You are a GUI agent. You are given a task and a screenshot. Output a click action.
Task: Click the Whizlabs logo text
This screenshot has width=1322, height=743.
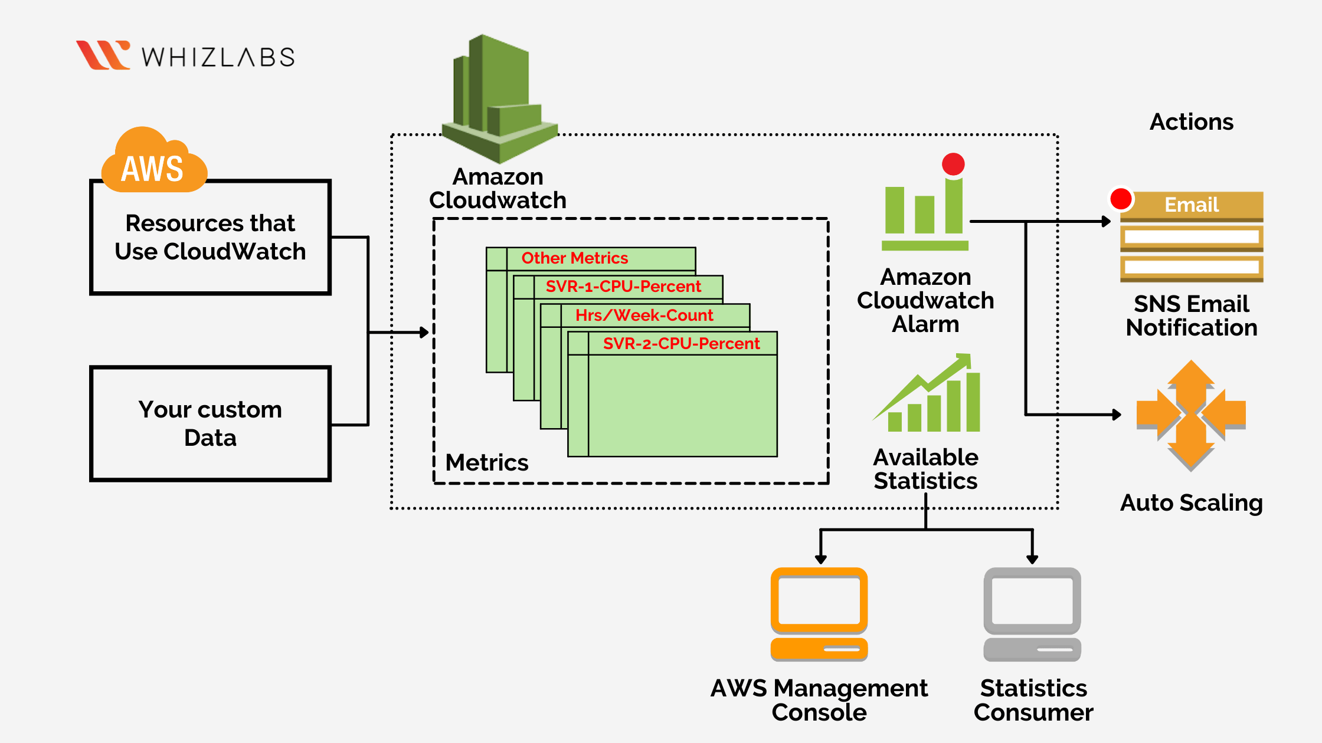coord(218,57)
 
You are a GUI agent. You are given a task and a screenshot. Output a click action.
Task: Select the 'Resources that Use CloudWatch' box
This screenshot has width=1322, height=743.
coord(210,237)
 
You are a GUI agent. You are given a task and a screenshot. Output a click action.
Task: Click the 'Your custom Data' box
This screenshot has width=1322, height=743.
coord(210,423)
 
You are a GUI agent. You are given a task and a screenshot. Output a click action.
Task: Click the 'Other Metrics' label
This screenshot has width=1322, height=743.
coord(574,258)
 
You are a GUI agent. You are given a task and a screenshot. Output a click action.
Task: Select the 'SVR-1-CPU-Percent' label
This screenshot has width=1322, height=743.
coord(623,287)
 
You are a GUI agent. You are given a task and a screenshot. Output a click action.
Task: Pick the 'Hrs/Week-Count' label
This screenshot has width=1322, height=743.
coord(644,315)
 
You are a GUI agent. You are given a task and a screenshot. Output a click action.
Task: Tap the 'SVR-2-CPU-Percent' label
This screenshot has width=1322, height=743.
coord(681,344)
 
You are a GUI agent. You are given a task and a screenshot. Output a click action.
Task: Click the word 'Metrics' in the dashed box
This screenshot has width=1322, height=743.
coord(486,463)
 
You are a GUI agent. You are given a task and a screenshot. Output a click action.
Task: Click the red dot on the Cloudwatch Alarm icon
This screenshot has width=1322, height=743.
coord(953,164)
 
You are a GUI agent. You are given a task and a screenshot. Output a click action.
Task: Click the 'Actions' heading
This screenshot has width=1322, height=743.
coord(1191,122)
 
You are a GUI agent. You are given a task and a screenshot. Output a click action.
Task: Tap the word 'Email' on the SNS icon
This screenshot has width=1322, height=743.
coord(1191,205)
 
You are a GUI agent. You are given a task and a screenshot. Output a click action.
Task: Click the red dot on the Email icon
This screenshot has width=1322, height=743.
coord(1121,199)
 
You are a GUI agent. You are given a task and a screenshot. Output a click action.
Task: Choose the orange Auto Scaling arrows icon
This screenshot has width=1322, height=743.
coord(1191,415)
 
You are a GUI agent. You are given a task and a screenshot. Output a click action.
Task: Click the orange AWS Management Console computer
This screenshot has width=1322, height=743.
coord(819,613)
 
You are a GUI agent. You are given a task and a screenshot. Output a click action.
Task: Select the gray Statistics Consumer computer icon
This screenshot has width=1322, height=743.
coord(1032,613)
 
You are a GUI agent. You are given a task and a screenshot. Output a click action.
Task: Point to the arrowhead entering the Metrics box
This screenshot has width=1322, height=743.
coord(424,333)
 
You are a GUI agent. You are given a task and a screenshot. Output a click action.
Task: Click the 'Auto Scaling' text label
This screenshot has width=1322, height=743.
coord(1191,503)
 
